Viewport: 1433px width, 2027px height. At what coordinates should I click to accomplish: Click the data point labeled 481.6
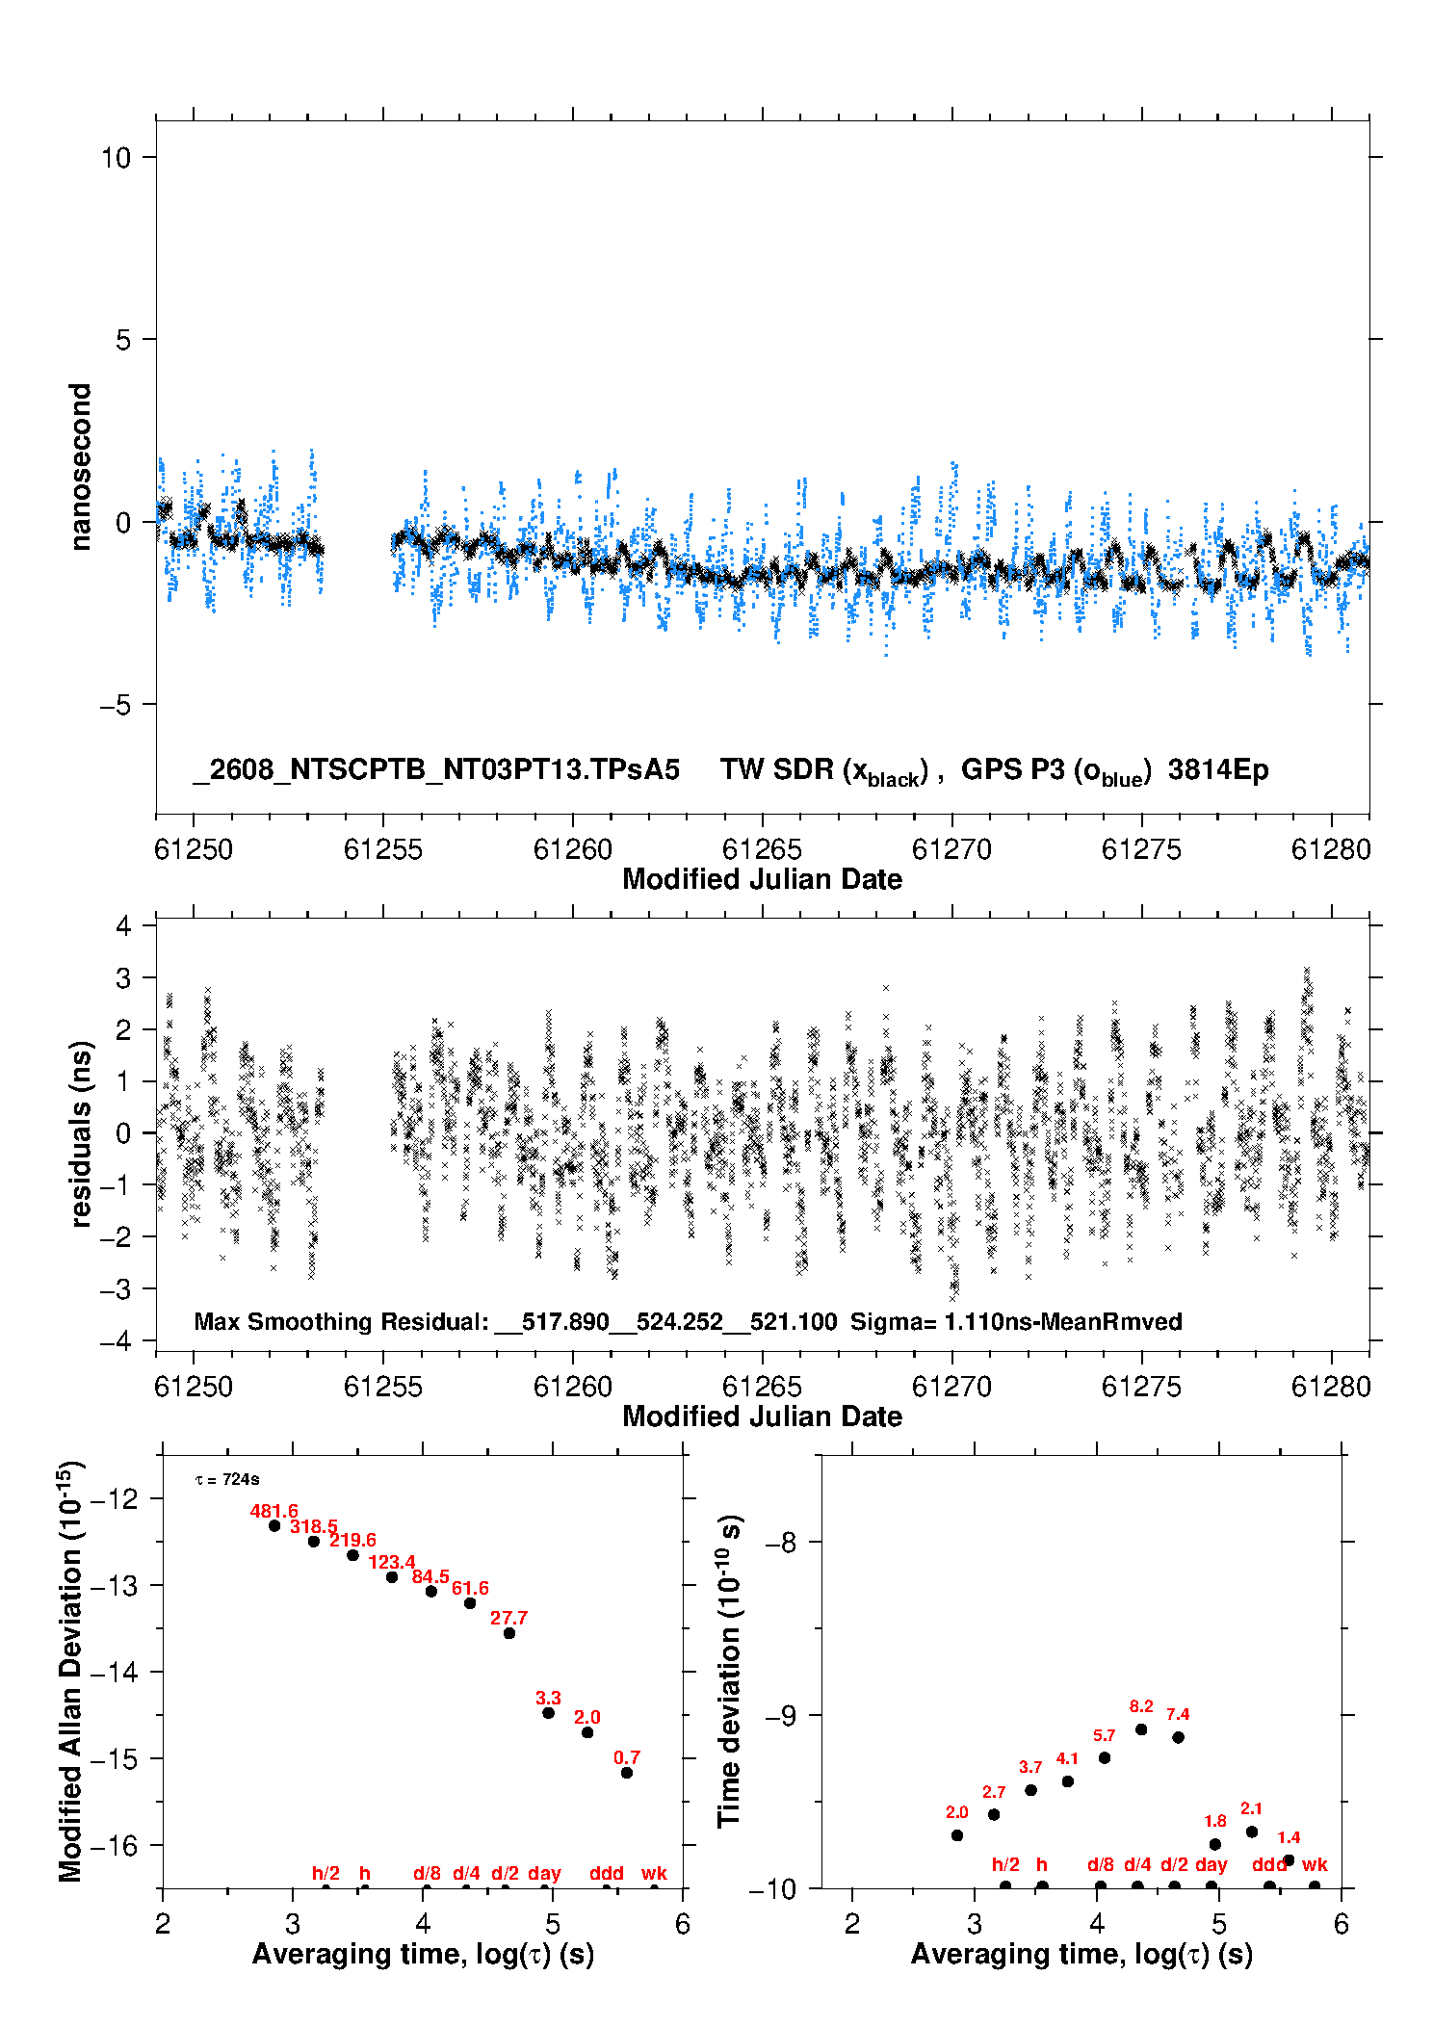(x=274, y=1525)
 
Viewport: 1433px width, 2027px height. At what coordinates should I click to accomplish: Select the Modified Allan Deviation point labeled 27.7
(x=509, y=1633)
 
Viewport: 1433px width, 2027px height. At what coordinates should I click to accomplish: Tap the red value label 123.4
(x=392, y=1562)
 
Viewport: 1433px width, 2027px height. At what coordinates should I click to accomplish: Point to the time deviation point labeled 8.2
(x=1141, y=1729)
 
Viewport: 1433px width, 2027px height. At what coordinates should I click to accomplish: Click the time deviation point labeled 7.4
(x=1178, y=1737)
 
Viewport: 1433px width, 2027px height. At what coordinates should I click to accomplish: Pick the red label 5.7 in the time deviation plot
(x=1105, y=1735)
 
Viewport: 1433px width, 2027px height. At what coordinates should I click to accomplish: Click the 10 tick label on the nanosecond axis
(x=116, y=158)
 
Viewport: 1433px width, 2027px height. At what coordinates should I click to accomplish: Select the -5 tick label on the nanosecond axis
(x=116, y=705)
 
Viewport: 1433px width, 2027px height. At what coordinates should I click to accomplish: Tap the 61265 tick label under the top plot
(x=762, y=849)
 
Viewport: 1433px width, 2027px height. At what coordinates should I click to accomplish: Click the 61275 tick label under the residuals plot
(x=1141, y=1387)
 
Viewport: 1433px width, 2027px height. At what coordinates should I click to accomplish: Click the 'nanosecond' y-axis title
(x=80, y=467)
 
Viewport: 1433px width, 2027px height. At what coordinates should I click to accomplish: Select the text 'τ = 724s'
(x=227, y=1479)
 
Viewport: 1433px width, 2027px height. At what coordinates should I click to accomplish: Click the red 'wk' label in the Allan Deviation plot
(x=654, y=1873)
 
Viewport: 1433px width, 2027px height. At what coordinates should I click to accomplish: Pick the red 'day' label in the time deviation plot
(x=1212, y=1864)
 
